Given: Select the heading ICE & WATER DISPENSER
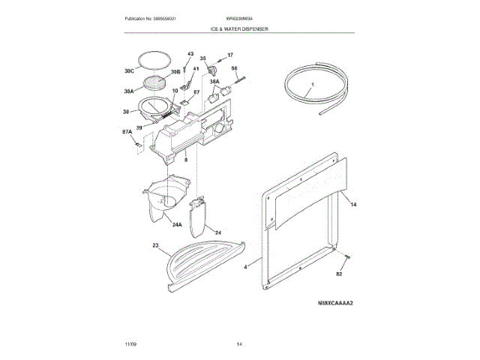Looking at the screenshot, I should coord(240,28).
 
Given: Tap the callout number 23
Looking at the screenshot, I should coord(155,245).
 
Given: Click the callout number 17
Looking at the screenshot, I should coord(230,55).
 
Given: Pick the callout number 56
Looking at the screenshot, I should coord(234,69).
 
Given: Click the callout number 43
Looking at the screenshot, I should coord(190,54).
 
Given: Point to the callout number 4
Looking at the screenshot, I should coord(245,266).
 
